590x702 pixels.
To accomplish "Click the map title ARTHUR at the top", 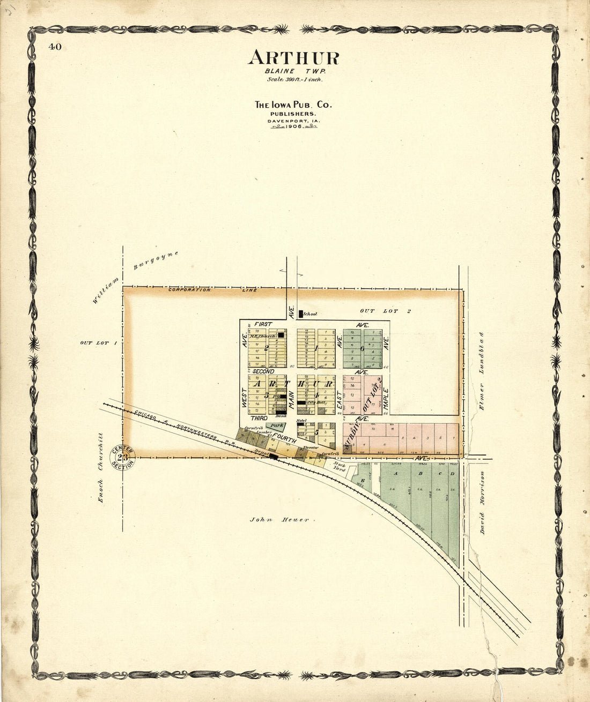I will tap(293, 58).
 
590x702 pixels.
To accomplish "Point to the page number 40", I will tap(55, 47).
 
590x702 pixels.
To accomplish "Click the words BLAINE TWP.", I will tap(294, 71).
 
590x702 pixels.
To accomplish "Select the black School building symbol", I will tap(301, 313).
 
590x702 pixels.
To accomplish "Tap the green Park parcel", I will tap(277, 426).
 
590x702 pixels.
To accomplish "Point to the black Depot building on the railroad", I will tap(273, 457).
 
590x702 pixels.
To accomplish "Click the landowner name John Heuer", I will tap(279, 519).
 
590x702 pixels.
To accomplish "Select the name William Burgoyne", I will tap(134, 278).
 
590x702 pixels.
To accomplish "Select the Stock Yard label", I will tap(339, 466).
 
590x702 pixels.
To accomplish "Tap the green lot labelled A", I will tap(396, 474).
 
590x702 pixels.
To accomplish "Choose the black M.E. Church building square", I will tap(281, 335).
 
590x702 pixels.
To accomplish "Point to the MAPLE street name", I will tap(385, 397).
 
